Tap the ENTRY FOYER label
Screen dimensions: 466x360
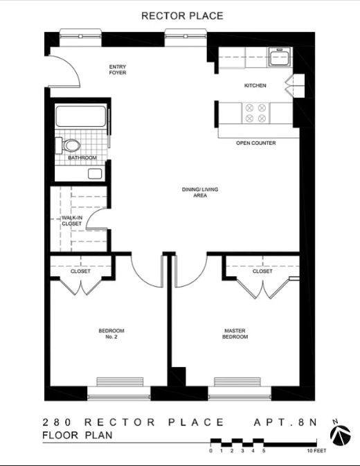[117, 70]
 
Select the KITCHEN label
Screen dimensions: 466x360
[255, 86]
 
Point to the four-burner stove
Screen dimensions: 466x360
[255, 113]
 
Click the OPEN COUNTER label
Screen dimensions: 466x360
[255, 143]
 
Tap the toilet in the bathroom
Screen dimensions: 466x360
[71, 145]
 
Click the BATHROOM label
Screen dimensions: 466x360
[82, 159]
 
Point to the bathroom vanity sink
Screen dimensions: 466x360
[95, 173]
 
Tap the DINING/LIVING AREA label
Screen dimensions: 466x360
[195, 192]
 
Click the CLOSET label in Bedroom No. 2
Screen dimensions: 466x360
[80, 271]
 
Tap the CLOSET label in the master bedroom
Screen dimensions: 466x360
[262, 271]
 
